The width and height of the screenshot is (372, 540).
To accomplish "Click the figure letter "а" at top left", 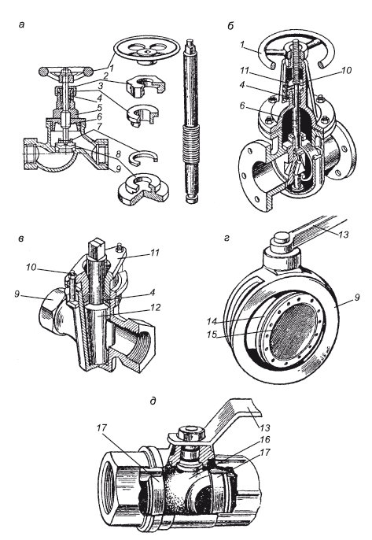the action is pyautogui.click(x=22, y=24).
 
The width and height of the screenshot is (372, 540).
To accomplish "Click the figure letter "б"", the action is pyautogui.click(x=230, y=26).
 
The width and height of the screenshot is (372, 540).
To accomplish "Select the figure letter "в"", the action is pyautogui.click(x=21, y=239).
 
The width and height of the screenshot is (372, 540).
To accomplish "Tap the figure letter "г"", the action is pyautogui.click(x=227, y=238).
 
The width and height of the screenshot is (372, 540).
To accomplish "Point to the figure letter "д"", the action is pyautogui.click(x=153, y=401).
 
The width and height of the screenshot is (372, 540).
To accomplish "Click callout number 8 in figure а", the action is pyautogui.click(x=119, y=154).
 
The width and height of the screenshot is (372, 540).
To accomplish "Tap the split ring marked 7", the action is pyautogui.click(x=143, y=157).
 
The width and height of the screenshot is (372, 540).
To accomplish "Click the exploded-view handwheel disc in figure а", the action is pyautogui.click(x=146, y=50).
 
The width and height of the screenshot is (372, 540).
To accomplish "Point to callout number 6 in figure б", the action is pyautogui.click(x=243, y=105).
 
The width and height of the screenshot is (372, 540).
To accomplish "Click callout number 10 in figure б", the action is pyautogui.click(x=347, y=70).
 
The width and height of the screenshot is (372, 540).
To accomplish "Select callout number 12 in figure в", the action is pyautogui.click(x=156, y=307).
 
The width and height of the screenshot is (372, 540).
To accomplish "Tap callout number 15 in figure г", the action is pyautogui.click(x=212, y=334).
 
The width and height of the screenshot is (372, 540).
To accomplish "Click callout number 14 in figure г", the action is pyautogui.click(x=212, y=322).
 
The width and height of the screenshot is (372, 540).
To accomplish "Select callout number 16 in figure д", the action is pyautogui.click(x=265, y=440).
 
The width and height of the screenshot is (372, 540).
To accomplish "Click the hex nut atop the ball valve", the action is pyautogui.click(x=192, y=433).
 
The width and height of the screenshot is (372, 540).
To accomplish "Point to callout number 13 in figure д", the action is pyautogui.click(x=265, y=427).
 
